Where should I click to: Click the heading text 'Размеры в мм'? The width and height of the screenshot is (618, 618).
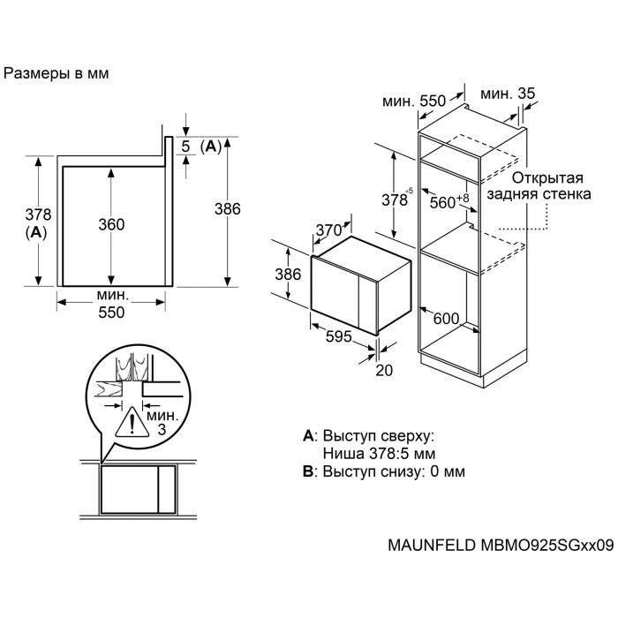[x=57, y=74]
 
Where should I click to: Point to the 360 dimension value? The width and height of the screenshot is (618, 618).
[x=111, y=225]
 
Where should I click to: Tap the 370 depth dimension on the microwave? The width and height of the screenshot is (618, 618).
[x=328, y=230]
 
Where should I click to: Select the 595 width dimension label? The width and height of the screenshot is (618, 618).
[x=340, y=336]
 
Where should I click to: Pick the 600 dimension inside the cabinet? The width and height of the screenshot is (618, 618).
[x=447, y=320]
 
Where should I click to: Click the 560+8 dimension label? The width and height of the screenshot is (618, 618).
[x=449, y=202]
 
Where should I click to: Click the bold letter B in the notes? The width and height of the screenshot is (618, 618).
[x=307, y=472]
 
